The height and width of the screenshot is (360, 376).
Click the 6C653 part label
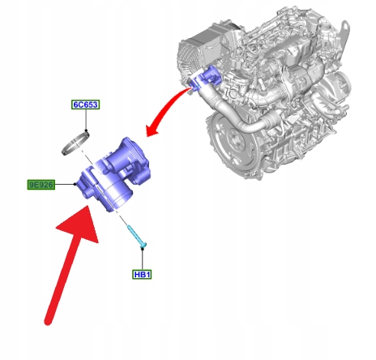point(86,105)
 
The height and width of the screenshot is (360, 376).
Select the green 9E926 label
point(41,185)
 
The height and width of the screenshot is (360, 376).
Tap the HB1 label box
point(142,275)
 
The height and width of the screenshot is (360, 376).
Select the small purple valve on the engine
point(206,78)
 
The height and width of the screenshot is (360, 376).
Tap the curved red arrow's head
point(153,130)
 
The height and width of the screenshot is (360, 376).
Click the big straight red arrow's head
point(79,225)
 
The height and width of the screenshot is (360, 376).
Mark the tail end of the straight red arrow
point(48,322)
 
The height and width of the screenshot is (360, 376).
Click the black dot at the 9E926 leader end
point(75,184)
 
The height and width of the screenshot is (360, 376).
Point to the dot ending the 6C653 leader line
point(86,131)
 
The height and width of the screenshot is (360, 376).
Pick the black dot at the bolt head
point(143,248)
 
